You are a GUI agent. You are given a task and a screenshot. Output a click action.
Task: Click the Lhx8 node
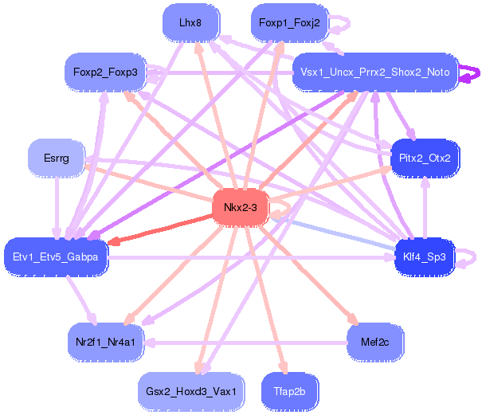click(x=190, y=23)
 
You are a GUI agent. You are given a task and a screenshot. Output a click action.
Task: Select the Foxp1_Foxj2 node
click(x=289, y=23)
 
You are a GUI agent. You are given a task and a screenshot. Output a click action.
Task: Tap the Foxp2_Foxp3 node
click(x=105, y=72)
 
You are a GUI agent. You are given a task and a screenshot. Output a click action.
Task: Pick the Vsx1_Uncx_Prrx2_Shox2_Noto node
click(x=374, y=72)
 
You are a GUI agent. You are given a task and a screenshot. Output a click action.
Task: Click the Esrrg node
click(x=57, y=159)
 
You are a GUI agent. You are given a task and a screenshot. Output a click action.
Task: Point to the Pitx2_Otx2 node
click(x=425, y=159)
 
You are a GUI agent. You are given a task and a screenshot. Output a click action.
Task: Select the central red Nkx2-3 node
click(x=240, y=208)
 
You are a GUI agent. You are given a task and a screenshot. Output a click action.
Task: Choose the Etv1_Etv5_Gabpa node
click(x=56, y=256)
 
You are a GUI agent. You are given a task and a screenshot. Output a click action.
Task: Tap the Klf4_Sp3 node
click(x=425, y=256)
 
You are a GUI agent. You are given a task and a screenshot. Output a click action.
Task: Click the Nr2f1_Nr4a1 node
click(x=105, y=343)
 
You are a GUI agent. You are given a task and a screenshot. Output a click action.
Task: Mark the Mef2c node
click(x=375, y=343)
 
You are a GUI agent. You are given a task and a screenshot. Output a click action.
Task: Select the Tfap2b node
click(x=289, y=392)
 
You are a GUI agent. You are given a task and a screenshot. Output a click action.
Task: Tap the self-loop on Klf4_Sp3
click(x=472, y=256)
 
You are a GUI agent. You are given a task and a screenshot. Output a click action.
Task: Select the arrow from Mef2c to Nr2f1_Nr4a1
click(x=239, y=343)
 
